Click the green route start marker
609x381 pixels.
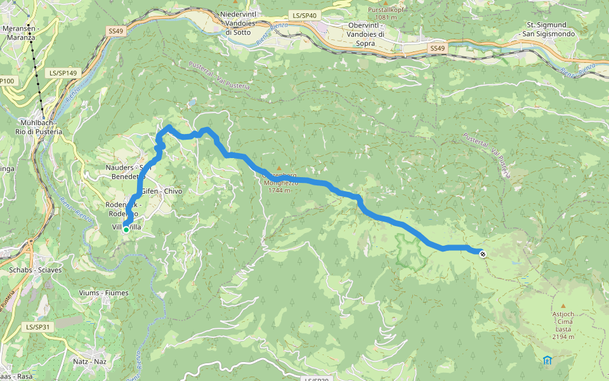(x=126, y=229)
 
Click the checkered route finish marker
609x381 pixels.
(x=483, y=254)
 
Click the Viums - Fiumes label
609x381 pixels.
(x=105, y=293)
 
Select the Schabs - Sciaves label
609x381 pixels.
(x=30, y=269)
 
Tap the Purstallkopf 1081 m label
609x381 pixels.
(x=394, y=14)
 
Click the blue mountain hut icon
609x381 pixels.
(x=547, y=361)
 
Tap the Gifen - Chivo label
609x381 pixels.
(x=161, y=190)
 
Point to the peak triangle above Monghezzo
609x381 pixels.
(x=278, y=168)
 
